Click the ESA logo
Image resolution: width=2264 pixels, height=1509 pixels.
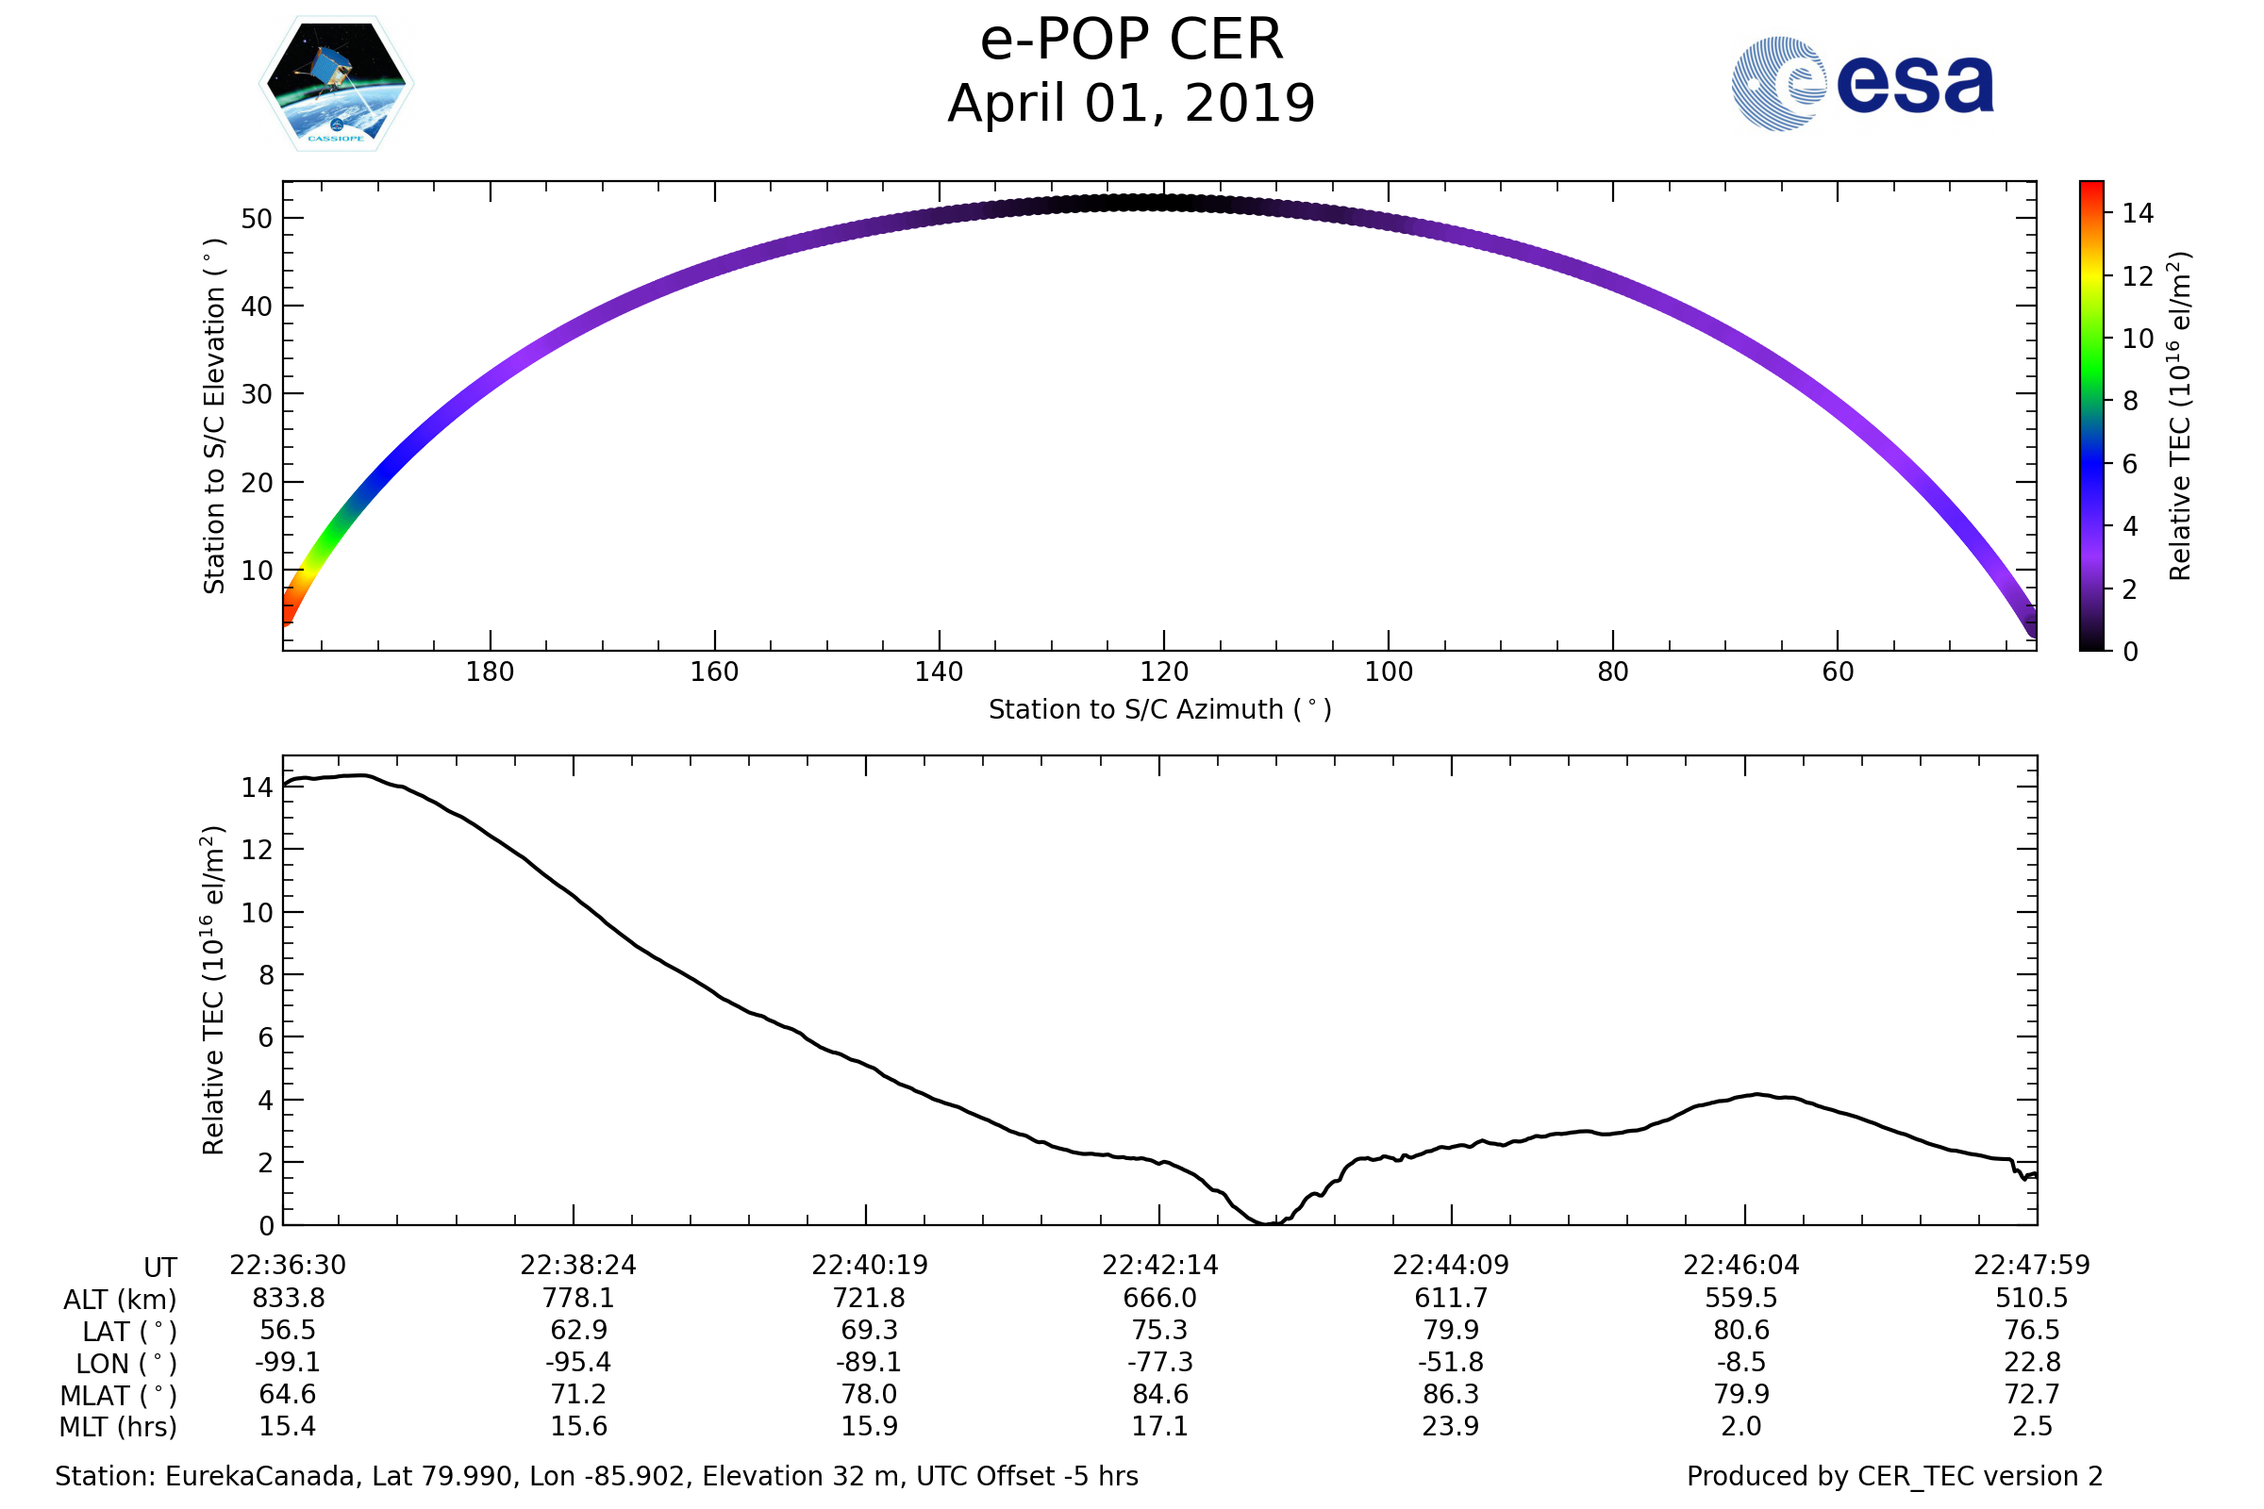click(x=1861, y=84)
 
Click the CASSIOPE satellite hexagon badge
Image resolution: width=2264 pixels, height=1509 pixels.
click(x=336, y=84)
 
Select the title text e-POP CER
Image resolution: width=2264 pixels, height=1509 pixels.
click(x=1131, y=41)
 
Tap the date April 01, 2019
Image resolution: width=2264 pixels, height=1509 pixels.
click(x=1131, y=104)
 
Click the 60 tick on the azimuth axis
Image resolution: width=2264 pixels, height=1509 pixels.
click(x=1838, y=672)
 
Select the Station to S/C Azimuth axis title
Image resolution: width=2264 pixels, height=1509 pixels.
click(x=1160, y=710)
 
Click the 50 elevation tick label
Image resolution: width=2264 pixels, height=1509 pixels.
click(x=257, y=219)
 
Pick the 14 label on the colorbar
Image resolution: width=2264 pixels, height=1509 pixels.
click(x=2137, y=214)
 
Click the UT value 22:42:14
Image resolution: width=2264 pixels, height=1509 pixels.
click(x=1160, y=1266)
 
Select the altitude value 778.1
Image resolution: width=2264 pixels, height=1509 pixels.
click(x=578, y=1299)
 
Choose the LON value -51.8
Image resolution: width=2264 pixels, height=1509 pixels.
click(x=1451, y=1363)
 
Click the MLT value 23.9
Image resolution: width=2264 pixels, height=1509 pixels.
click(x=1451, y=1426)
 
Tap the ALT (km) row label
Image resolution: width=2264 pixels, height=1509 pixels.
click(x=121, y=1301)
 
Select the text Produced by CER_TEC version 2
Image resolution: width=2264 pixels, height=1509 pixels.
click(x=1894, y=1477)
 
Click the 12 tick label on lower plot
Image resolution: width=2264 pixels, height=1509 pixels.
click(x=257, y=850)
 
